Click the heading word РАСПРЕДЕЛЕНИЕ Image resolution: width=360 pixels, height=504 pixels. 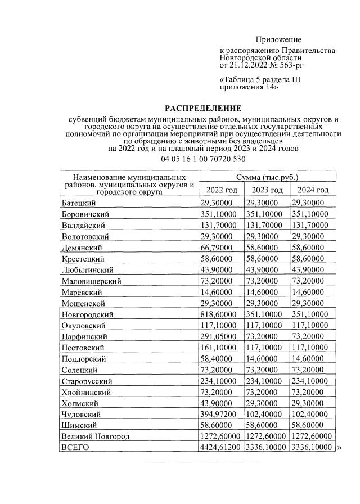203,108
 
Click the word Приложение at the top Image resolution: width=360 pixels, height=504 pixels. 278,39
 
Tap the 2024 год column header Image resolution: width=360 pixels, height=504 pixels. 313,190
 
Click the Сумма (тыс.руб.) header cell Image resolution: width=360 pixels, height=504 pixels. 267,177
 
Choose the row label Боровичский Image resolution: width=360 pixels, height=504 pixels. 85,214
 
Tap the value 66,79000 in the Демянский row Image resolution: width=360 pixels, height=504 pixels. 219,247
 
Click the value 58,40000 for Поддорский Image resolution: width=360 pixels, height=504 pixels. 219,359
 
